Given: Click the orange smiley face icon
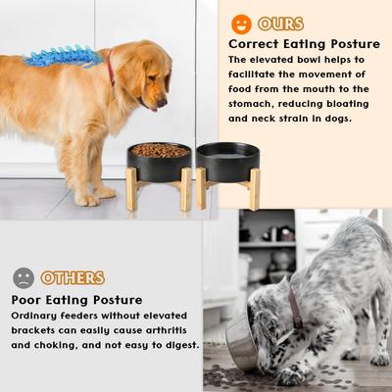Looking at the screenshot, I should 241,24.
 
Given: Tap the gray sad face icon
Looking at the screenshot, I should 24,277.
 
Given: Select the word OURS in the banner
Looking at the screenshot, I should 281,24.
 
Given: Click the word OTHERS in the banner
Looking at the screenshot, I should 73,278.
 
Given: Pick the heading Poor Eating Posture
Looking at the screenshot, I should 77,299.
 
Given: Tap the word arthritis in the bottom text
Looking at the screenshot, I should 170,330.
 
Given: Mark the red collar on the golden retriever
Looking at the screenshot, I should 111,69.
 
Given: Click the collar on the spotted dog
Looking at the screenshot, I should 295,305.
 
